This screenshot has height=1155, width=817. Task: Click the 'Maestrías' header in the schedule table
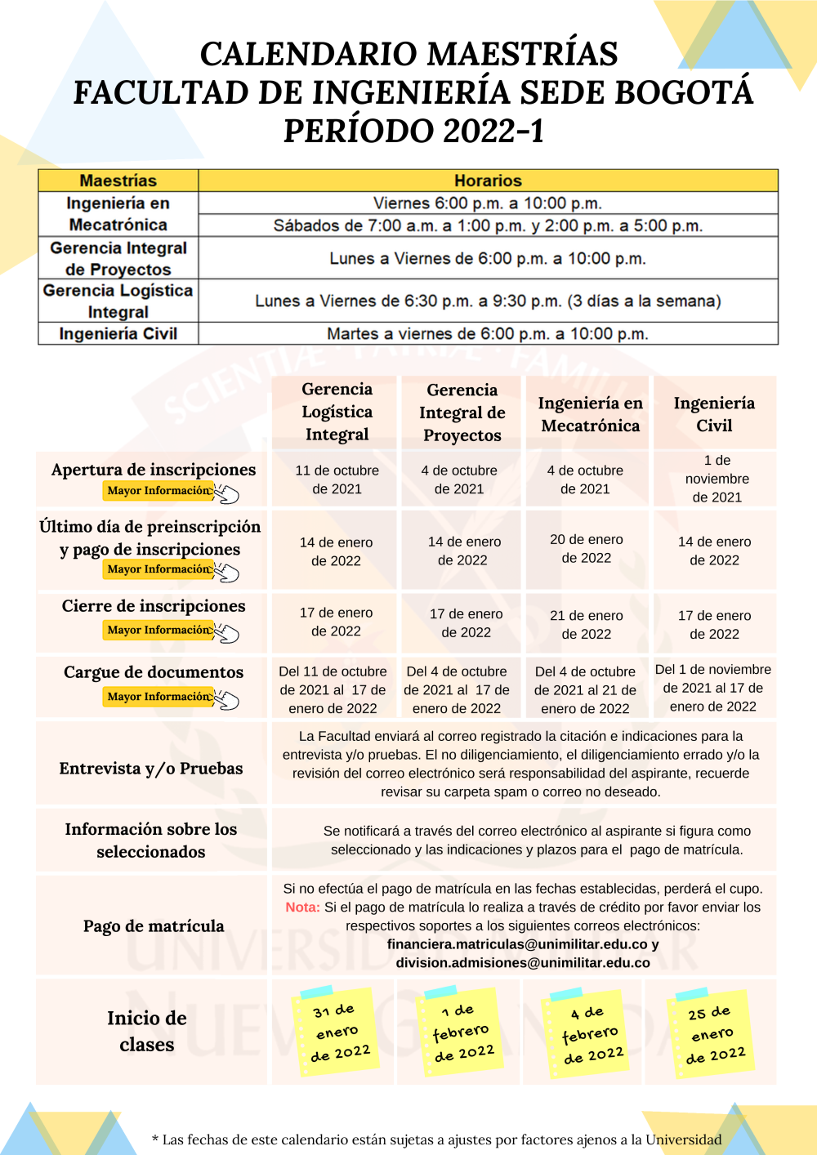click(x=118, y=181)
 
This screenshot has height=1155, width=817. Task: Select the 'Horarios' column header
click(x=488, y=181)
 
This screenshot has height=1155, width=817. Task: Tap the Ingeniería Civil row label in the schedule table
click(x=118, y=333)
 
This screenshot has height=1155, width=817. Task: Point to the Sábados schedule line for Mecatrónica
click(x=488, y=225)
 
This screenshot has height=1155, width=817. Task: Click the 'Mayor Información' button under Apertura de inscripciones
click(x=159, y=491)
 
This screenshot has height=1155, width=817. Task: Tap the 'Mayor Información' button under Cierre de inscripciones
click(x=159, y=630)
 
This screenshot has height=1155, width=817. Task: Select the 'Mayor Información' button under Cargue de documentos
click(x=159, y=697)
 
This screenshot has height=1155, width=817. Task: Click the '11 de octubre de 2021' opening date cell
click(x=337, y=479)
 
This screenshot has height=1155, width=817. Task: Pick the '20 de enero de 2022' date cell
click(x=586, y=549)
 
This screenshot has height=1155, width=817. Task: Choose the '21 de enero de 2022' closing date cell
click(x=586, y=625)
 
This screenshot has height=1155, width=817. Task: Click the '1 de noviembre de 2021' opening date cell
click(x=717, y=479)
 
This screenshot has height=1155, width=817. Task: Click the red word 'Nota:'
click(x=302, y=907)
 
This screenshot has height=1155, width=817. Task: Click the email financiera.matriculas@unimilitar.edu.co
click(x=517, y=944)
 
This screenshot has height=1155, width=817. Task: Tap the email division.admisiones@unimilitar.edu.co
click(x=523, y=963)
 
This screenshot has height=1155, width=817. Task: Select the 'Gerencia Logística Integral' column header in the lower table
click(x=337, y=412)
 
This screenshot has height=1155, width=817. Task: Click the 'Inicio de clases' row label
click(x=147, y=1031)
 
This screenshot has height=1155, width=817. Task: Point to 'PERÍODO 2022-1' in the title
click(x=413, y=131)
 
